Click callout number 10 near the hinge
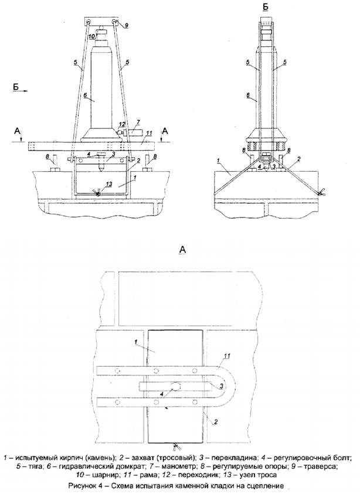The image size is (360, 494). point(91,36)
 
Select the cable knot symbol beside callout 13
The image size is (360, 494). point(98,192)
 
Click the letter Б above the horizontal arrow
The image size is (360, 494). point(16,86)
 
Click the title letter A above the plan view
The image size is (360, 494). point(182,250)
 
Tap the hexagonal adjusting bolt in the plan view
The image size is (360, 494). point(175,386)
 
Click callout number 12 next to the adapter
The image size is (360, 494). point(123,124)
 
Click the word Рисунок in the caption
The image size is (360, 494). point(81,486)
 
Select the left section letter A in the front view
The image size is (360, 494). point(16,131)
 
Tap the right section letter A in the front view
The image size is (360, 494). point(165,131)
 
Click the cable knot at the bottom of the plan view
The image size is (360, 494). point(175,446)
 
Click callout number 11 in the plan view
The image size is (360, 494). point(227,356)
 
